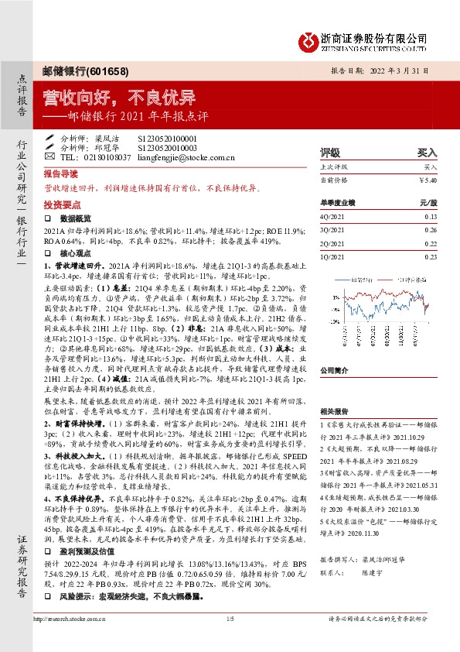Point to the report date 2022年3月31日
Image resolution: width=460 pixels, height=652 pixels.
410,70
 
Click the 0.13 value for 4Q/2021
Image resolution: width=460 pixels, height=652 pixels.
430,218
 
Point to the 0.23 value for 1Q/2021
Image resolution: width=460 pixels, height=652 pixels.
430,256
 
